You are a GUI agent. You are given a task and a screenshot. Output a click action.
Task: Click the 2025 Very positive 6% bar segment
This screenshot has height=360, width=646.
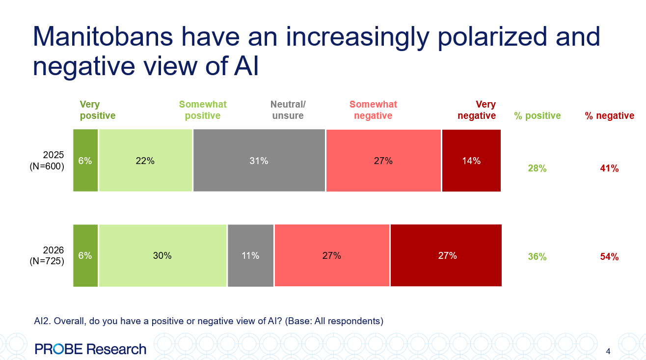pos(85,161)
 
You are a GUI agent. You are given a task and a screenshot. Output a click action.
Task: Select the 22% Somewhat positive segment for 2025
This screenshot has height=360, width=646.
pos(145,161)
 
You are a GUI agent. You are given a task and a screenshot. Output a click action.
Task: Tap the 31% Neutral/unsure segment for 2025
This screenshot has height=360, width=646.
pos(259,161)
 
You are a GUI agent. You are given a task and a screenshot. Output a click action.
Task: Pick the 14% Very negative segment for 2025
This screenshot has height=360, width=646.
pos(471,161)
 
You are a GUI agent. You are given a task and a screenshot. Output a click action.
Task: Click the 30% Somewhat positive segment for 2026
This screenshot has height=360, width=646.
pos(162,255)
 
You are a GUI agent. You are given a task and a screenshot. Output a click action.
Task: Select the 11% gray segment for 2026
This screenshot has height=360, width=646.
pos(250,255)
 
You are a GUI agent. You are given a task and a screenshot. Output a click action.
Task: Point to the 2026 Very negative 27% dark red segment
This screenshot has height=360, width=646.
pos(446,255)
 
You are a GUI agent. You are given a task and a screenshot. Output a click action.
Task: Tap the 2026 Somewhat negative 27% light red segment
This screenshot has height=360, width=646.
pos(332,255)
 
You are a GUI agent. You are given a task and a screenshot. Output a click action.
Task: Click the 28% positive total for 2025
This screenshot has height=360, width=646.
pos(537,168)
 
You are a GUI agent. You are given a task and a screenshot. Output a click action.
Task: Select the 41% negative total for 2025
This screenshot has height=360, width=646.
pos(609,168)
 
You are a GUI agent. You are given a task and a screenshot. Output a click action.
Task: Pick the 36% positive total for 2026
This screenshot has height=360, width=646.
pos(537,257)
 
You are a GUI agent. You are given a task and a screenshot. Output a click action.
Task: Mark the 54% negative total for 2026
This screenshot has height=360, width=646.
pos(609,257)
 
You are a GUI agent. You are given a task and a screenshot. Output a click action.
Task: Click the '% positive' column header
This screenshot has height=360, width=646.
pos(537,116)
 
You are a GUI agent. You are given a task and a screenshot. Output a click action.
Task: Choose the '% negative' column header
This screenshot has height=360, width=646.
pos(609,116)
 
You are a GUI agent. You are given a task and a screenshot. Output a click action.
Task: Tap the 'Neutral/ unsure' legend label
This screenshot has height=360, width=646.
pos(288,111)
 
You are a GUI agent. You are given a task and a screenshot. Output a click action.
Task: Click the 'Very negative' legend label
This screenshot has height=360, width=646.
pos(477,111)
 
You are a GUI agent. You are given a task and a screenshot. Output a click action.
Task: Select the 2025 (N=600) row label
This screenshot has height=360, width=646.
pos(47,161)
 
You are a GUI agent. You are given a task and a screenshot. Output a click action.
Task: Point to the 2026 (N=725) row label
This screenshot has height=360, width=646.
pos(47,256)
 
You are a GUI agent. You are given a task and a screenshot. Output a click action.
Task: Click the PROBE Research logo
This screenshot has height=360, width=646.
pos(90,349)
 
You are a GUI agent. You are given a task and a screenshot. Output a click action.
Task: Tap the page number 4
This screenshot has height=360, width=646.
pos(608,351)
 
